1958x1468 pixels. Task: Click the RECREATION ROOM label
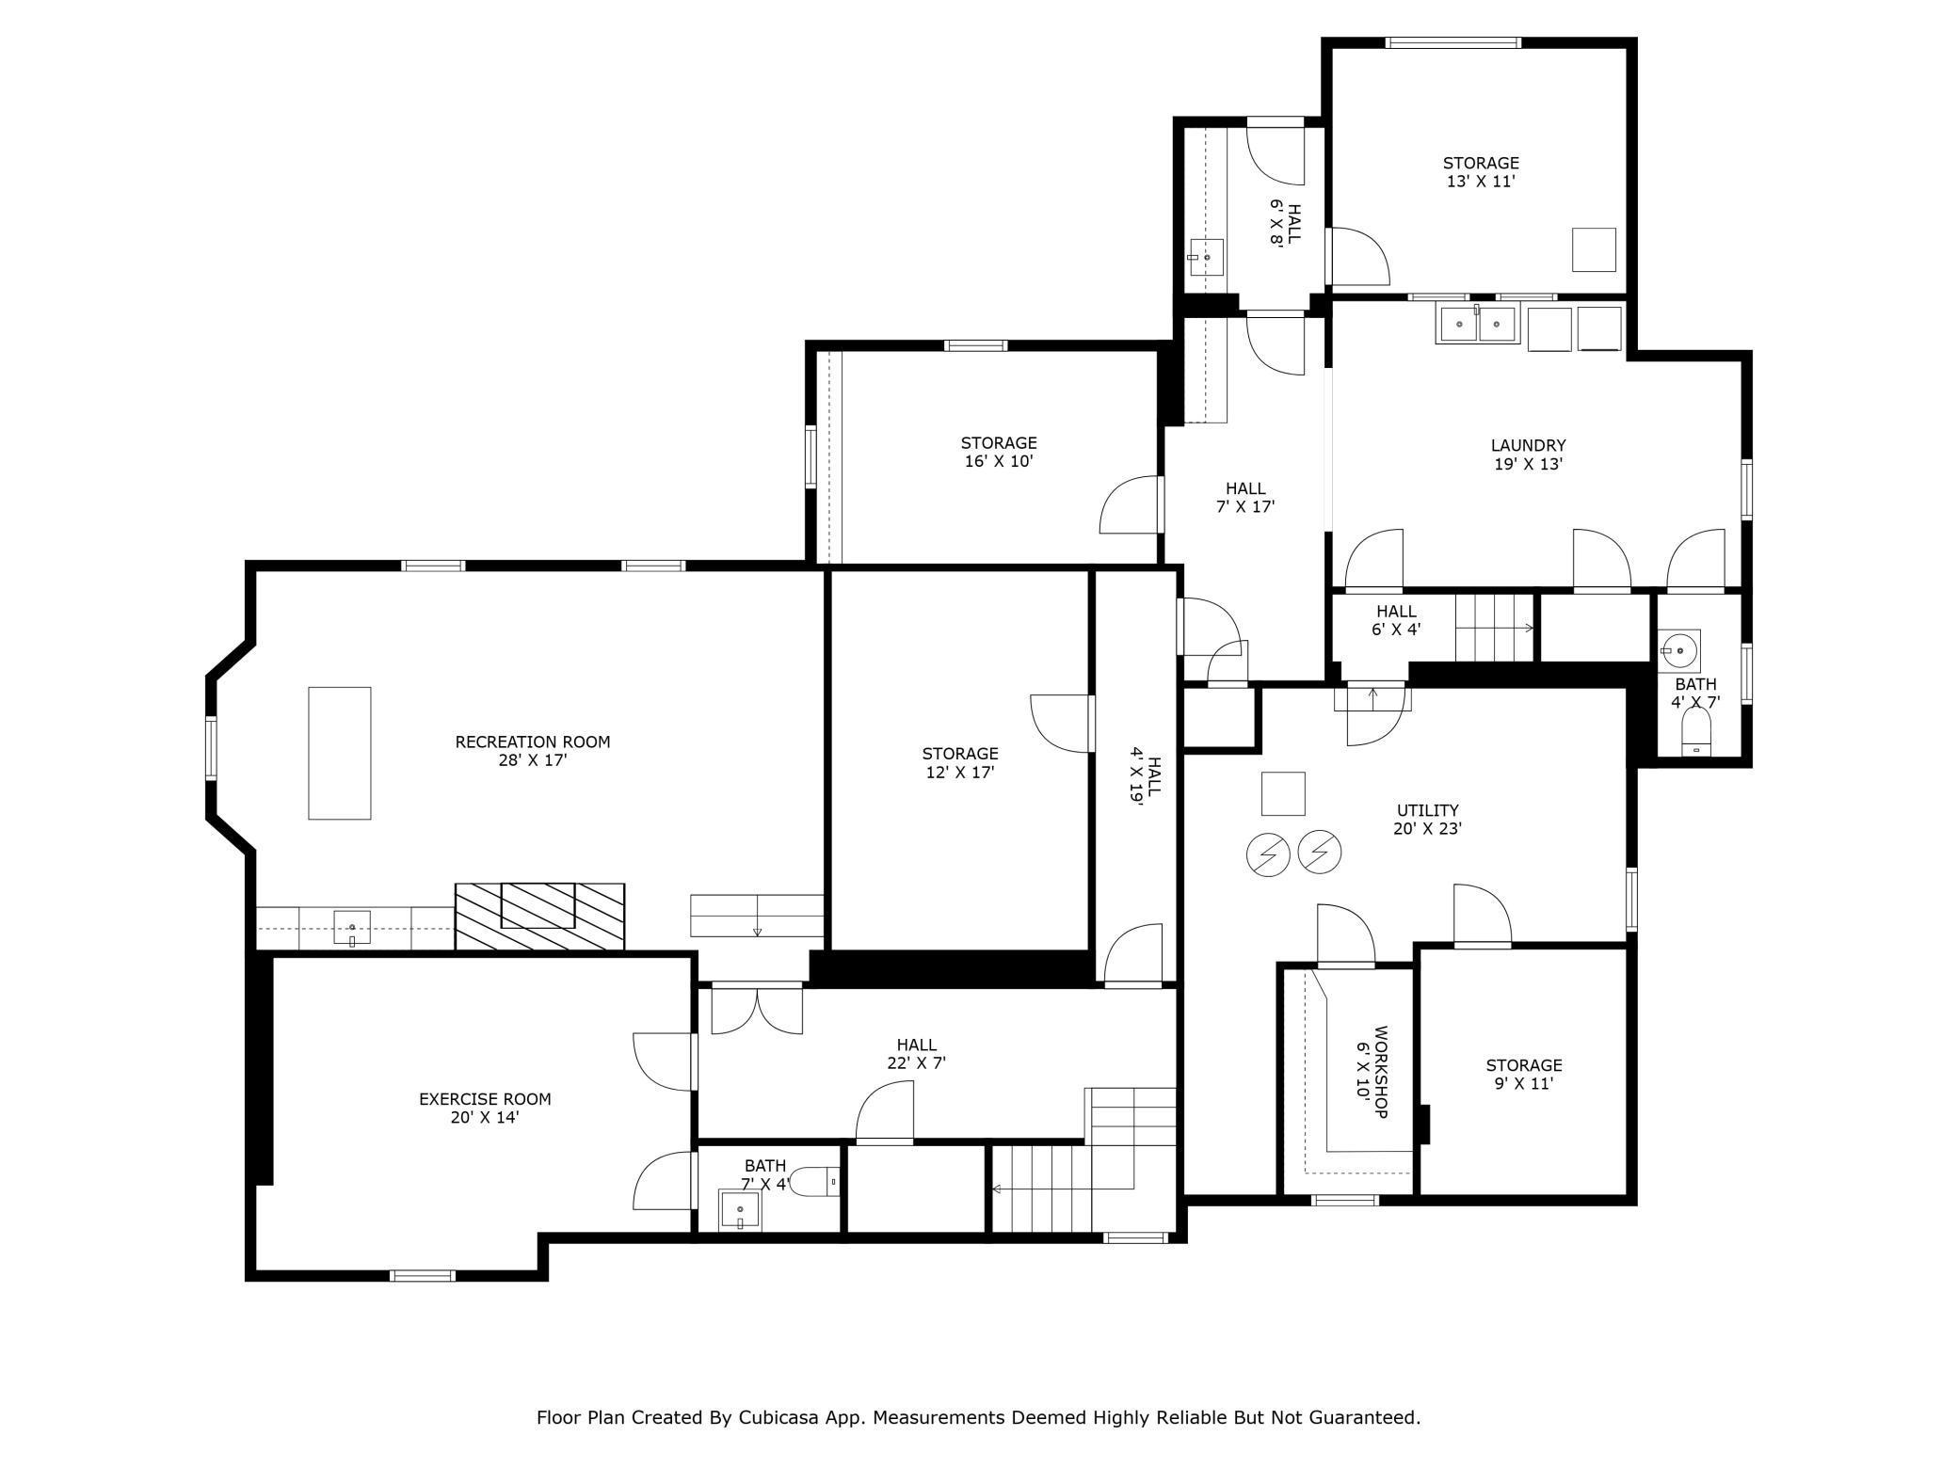tap(533, 742)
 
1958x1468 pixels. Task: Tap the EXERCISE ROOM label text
tap(485, 1098)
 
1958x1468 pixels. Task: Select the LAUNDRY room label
tap(1528, 445)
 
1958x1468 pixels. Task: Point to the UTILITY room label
tap(1427, 810)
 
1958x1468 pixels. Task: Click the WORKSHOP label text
tap(1381, 1072)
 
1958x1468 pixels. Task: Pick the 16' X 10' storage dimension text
tap(999, 461)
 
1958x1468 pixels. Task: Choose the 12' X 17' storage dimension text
tap(960, 772)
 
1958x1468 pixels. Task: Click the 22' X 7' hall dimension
tap(916, 1063)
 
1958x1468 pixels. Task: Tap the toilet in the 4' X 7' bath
tap(1695, 733)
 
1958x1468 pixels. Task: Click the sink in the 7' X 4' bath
tap(740, 1210)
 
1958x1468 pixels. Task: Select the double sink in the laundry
tap(1477, 324)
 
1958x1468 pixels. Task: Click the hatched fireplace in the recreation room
tap(539, 916)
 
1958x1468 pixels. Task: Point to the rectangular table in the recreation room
tap(339, 753)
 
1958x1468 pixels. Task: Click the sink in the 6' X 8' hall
tap(1206, 257)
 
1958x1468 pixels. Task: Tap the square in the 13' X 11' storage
tap(1594, 249)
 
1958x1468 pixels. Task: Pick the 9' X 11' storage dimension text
tap(1524, 1084)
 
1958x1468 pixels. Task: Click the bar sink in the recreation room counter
tap(352, 927)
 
